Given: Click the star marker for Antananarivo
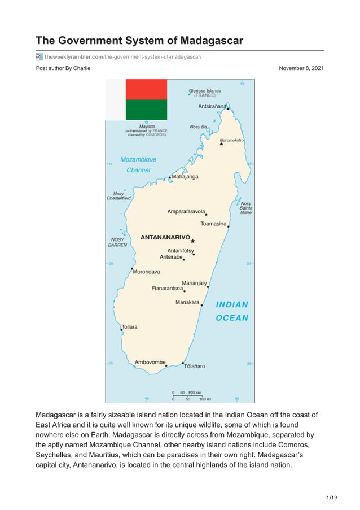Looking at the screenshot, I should coord(192,241).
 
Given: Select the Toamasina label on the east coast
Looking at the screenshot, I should coord(213,224).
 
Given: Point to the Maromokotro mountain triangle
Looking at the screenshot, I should coord(221,143).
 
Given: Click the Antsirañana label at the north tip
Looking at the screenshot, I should coord(212,106).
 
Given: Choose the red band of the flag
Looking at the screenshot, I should coord(146,89).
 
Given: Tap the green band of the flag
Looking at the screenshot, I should coord(146,110).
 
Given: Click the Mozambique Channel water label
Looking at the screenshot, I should coord(138,164).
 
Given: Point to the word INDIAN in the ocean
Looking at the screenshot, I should coord(232,304).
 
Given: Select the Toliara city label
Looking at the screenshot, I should coord(130,327).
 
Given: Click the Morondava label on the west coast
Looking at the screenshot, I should coord(146,272).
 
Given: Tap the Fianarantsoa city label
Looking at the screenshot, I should coord(167,288).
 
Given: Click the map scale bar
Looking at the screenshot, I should coord(187,396).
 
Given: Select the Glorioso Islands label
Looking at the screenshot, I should coord(204,90).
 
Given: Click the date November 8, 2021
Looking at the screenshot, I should coord(301,68).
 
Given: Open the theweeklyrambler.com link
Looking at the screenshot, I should coord(123,57).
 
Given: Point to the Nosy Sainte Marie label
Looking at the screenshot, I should coord(246,208).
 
